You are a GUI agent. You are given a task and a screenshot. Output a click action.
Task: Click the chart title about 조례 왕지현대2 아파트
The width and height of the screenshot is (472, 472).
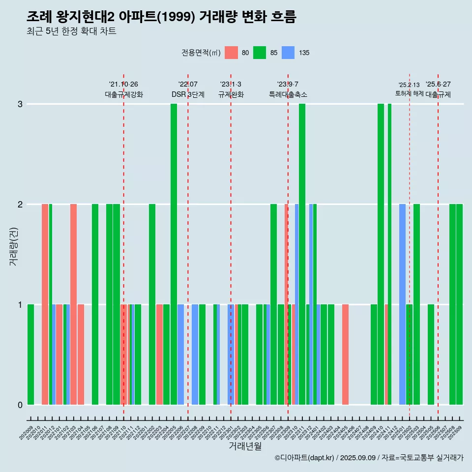(x=161, y=17)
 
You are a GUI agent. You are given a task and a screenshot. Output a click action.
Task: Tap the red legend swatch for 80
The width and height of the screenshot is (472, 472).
(x=231, y=53)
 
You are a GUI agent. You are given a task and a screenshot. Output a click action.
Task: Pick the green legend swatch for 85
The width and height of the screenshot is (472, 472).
(x=260, y=53)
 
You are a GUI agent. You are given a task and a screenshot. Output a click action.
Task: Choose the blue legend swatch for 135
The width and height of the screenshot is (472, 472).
(x=288, y=53)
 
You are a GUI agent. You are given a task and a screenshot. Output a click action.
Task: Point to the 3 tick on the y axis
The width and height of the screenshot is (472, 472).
(x=20, y=104)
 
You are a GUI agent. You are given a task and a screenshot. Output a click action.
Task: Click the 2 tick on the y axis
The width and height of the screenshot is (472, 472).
(x=20, y=205)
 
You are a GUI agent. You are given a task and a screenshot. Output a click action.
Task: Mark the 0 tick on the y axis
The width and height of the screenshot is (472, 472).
(x=20, y=405)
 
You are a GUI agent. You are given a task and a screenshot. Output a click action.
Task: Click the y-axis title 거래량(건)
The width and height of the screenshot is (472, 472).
(x=13, y=246)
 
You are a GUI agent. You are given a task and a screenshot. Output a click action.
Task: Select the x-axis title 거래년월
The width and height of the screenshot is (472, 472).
(x=245, y=446)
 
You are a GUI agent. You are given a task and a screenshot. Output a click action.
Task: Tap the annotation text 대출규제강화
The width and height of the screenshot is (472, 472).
(x=123, y=95)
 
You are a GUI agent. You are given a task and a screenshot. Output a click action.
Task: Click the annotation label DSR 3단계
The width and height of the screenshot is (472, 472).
(x=188, y=95)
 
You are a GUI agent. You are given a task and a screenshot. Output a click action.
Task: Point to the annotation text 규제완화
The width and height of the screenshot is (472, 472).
(x=231, y=95)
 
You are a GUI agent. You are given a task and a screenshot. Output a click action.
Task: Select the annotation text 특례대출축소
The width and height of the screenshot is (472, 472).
(x=288, y=95)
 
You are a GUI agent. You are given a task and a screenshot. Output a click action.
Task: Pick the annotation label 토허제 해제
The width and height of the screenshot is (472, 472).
(x=409, y=93)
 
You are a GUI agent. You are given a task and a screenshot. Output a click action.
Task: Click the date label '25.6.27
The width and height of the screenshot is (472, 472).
(x=438, y=85)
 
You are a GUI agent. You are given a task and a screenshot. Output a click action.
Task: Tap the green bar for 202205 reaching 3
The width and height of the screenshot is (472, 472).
(x=174, y=254)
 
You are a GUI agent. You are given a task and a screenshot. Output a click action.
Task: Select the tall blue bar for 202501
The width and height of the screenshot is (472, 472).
(x=402, y=304)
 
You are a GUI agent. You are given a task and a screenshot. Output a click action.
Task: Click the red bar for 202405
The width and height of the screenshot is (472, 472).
(x=345, y=354)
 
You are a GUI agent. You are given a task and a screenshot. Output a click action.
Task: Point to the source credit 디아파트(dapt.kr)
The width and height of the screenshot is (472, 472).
(x=305, y=458)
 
